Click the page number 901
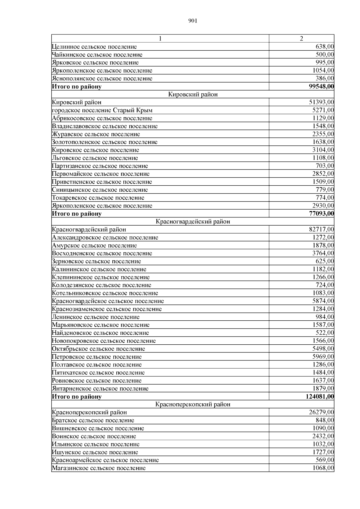[x=193, y=21]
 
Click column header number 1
[x=160, y=39]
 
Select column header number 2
[x=301, y=39]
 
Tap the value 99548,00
[x=321, y=87]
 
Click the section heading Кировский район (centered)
[x=193, y=94]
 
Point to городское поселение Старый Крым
[x=102, y=110]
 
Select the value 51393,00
[x=321, y=102]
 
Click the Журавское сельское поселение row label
[x=96, y=134]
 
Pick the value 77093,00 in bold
[x=321, y=214]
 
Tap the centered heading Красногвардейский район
[x=193, y=222]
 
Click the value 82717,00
[x=321, y=229]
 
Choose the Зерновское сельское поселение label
[x=96, y=261]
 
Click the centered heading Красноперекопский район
[x=193, y=404]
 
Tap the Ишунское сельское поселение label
[x=95, y=452]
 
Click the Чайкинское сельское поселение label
[x=97, y=55]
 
